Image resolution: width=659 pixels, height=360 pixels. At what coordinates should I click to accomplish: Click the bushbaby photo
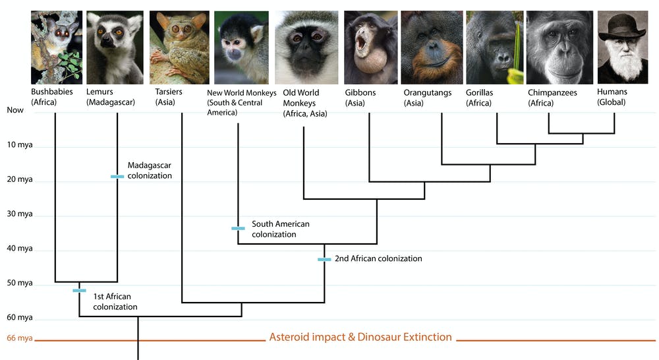[x=57, y=47]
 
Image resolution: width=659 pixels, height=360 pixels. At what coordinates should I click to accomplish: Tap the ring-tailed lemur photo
[x=115, y=47]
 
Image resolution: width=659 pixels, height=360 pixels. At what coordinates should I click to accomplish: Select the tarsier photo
[x=179, y=47]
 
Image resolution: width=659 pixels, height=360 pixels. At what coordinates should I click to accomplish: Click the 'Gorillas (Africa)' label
[x=480, y=98]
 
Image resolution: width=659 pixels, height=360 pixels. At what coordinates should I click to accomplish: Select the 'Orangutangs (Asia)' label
[x=428, y=98]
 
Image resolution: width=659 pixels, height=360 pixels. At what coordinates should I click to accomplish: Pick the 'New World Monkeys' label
[x=242, y=92]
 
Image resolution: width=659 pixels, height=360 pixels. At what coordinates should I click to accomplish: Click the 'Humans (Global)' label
[x=612, y=97]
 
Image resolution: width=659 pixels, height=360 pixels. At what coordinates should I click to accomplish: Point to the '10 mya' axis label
[x=20, y=144]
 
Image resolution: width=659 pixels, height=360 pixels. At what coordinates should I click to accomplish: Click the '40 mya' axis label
[x=20, y=248]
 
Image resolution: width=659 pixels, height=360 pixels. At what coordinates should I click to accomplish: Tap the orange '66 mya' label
[x=20, y=338]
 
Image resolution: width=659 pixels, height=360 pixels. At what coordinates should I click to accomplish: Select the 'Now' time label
[x=15, y=110]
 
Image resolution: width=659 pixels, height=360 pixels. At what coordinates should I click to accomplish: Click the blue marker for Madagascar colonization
[x=117, y=177]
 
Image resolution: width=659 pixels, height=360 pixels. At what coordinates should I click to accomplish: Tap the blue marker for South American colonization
[x=238, y=228]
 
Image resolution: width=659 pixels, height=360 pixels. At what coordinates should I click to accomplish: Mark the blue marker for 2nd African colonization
[x=324, y=260]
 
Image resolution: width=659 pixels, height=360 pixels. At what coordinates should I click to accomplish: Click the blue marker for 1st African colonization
[x=80, y=291]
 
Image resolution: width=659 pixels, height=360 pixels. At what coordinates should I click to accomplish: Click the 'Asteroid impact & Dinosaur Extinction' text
[x=360, y=337]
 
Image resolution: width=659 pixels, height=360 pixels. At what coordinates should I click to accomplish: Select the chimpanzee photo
[x=559, y=47]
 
